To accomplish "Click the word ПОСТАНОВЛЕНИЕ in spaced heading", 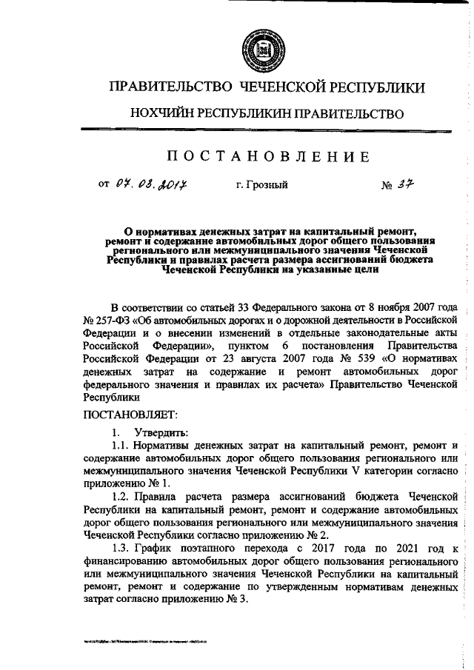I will [267, 156].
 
